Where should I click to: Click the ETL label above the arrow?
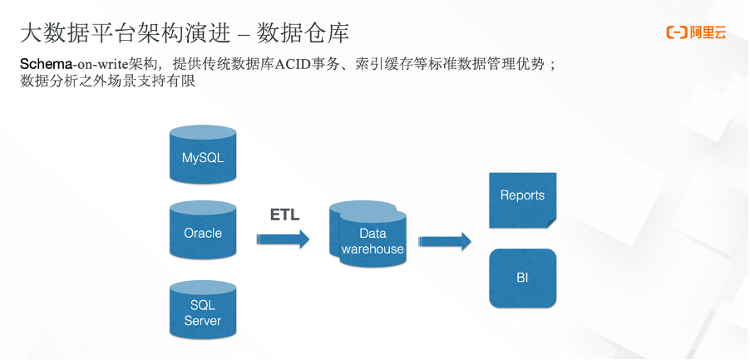click(x=284, y=215)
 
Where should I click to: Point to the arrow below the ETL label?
click(x=283, y=239)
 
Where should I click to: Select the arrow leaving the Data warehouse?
click(x=444, y=241)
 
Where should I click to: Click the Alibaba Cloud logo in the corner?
click(x=696, y=32)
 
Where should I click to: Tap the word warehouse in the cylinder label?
click(x=373, y=249)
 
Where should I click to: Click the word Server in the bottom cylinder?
click(x=203, y=321)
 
